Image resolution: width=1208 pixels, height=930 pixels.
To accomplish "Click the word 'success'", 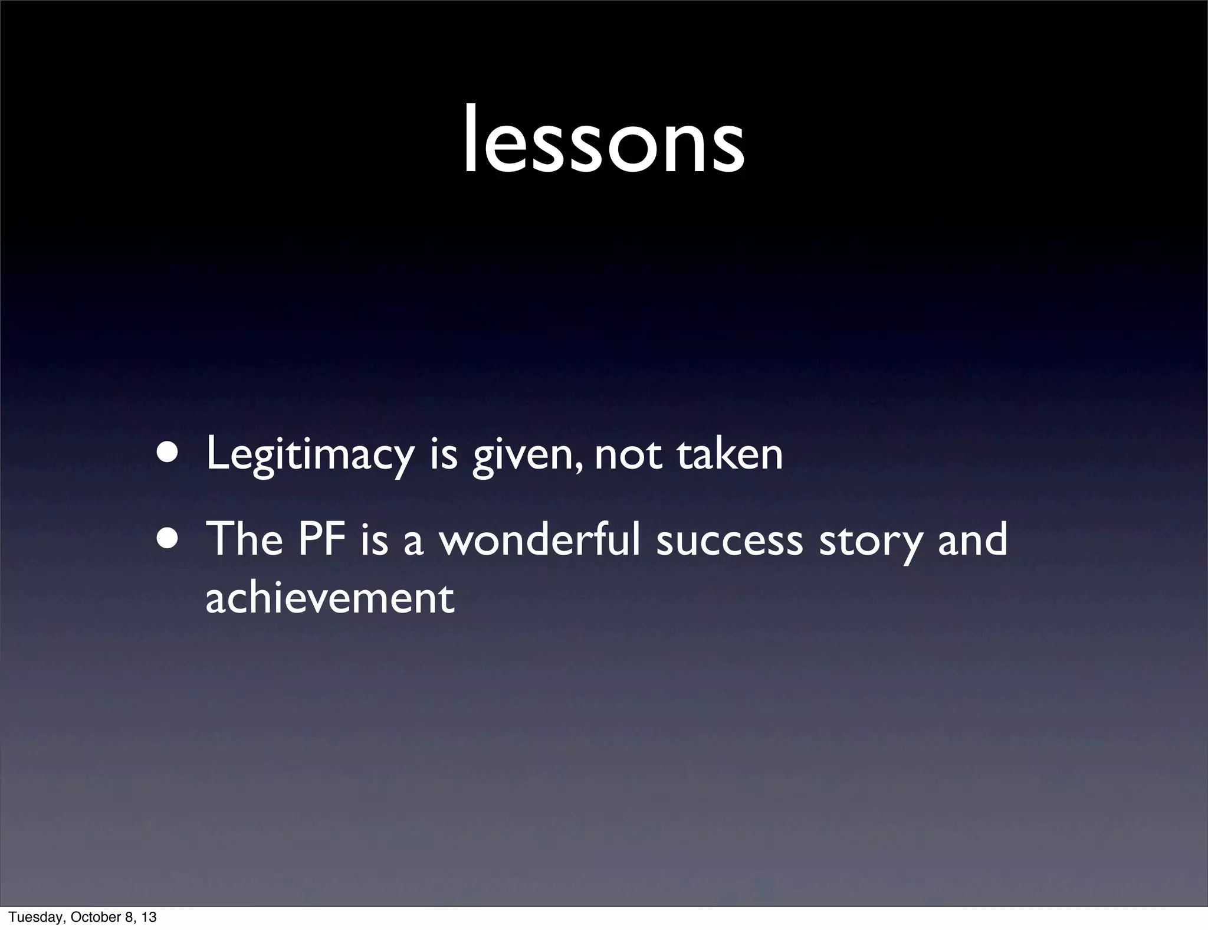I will (730, 541).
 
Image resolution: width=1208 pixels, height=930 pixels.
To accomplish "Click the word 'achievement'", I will (330, 598).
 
